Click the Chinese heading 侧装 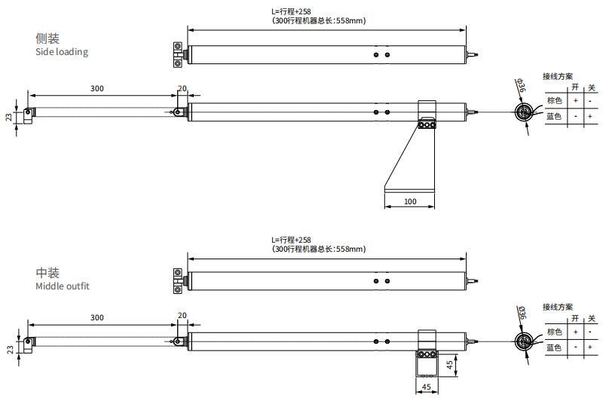click(47, 38)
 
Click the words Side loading click(62, 52)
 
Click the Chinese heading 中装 click(47, 273)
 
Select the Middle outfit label click(63, 286)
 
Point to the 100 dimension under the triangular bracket click(410, 201)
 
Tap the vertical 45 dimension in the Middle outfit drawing click(449, 365)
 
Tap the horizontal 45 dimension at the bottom click(427, 387)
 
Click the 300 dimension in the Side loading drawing click(97, 88)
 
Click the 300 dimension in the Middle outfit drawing click(97, 317)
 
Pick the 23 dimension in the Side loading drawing click(9, 117)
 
